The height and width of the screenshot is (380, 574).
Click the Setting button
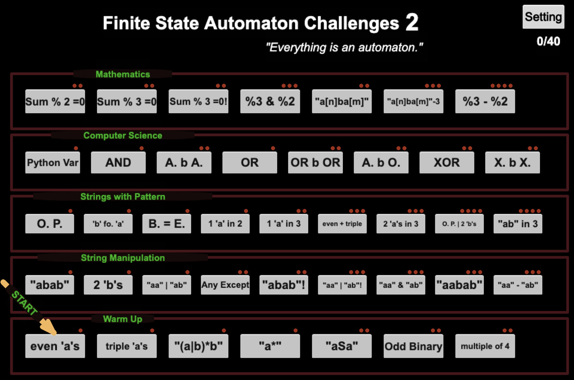tap(543, 17)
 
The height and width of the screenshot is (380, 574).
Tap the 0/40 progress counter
tap(548, 41)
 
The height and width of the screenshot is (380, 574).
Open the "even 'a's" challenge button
tap(55, 346)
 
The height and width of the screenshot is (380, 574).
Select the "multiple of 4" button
tap(485, 346)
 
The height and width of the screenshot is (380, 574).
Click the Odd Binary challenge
tap(413, 346)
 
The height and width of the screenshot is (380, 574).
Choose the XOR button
tap(446, 163)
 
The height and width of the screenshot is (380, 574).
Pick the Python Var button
tap(52, 163)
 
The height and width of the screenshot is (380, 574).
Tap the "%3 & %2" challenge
tap(270, 101)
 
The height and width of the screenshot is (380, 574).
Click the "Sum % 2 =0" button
tap(55, 101)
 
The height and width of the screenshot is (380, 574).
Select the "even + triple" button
tap(342, 224)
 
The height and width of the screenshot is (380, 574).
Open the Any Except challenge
tap(225, 285)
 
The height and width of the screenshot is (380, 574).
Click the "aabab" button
tap(459, 285)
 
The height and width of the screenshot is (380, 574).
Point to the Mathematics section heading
tap(122, 74)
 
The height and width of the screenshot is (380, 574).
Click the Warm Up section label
tap(122, 319)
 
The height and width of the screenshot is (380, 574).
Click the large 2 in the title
tap(411, 23)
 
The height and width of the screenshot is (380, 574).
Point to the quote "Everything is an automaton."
tap(344, 47)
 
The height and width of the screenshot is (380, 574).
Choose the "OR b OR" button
tap(315, 163)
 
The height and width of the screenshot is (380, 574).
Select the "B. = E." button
tap(166, 224)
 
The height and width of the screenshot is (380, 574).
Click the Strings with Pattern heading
tap(122, 196)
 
